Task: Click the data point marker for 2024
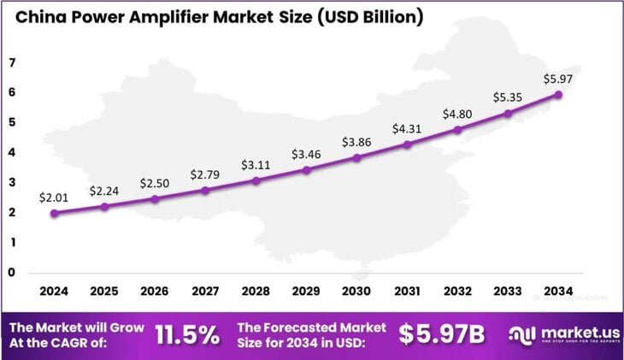coord(55,213)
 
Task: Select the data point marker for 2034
coord(558,95)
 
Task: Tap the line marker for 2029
coord(306,170)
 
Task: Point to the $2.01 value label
coord(52,197)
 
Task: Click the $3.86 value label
coord(356,141)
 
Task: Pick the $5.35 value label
coord(509,97)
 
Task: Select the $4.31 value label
coord(407,128)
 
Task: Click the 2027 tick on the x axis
coord(205,291)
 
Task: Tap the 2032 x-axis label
coord(457,291)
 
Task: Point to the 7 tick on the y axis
coord(13,62)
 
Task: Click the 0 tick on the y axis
coord(13,273)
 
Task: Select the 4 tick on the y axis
coord(13,152)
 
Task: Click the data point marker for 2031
coord(407,145)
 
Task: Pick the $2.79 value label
coord(205,174)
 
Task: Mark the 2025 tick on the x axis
coord(104,291)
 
